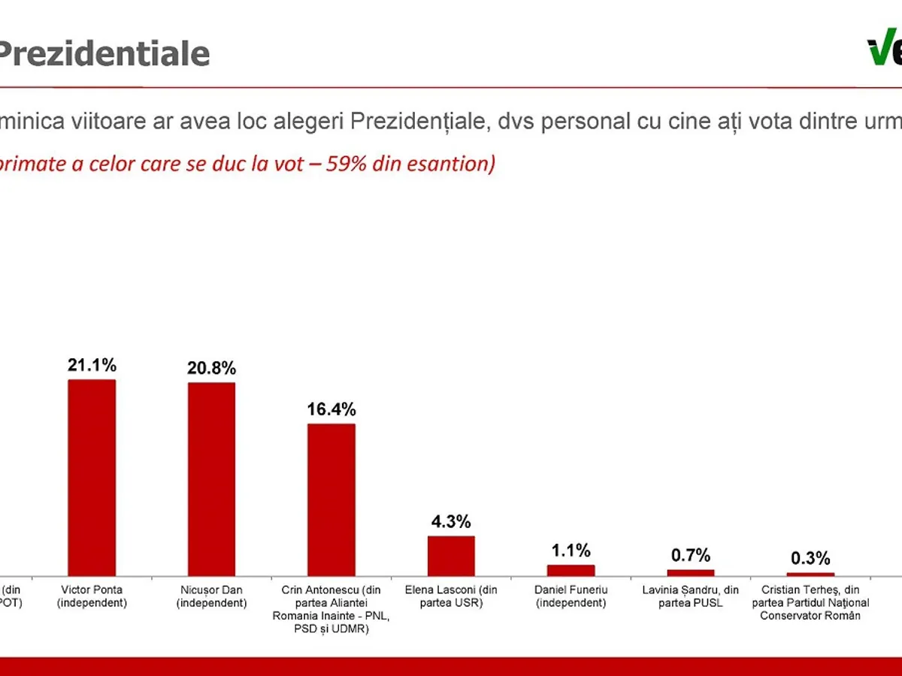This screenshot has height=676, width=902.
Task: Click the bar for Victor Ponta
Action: [92, 478]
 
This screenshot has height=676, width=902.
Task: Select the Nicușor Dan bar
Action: [211, 479]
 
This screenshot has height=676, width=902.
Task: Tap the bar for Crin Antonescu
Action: [331, 499]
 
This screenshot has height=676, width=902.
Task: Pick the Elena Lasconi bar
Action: [451, 556]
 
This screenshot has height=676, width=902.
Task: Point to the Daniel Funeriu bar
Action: [571, 570]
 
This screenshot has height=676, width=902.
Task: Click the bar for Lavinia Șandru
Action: [691, 572]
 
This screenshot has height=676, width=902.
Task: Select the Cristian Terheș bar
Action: [810, 575]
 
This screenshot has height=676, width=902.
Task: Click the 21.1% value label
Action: [92, 366]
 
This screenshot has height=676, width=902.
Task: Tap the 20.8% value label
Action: [211, 369]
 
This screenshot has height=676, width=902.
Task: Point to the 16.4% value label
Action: [331, 409]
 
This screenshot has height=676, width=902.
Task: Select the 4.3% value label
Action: [451, 521]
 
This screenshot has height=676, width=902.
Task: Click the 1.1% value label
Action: [571, 551]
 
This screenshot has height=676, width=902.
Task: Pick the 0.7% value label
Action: [691, 556]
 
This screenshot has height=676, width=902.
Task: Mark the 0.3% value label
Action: [810, 559]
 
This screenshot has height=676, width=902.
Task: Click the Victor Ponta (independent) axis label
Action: [92, 596]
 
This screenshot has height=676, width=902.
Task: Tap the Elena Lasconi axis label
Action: [451, 596]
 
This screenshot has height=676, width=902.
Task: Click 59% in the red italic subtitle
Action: [347, 164]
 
